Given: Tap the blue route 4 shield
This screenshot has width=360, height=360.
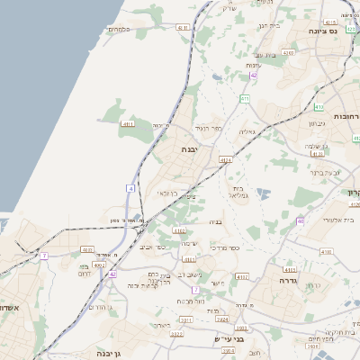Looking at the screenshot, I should pyautogui.click(x=130, y=188).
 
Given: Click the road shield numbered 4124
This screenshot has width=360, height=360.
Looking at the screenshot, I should pyautogui.click(x=225, y=160).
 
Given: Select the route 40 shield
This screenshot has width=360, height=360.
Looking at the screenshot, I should pyautogui.click(x=301, y=220).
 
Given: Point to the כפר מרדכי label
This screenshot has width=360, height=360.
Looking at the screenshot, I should pyautogui.click(x=211, y=246).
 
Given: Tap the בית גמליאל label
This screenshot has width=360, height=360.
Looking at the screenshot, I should pyautogui.click(x=238, y=191).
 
